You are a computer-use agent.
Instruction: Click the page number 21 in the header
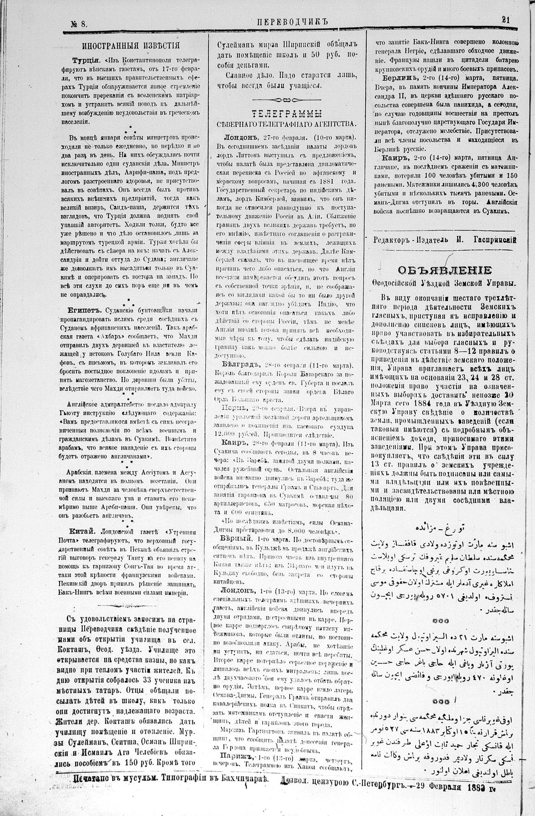coord(506,20)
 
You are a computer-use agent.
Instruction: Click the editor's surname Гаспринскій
coord(495,240)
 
